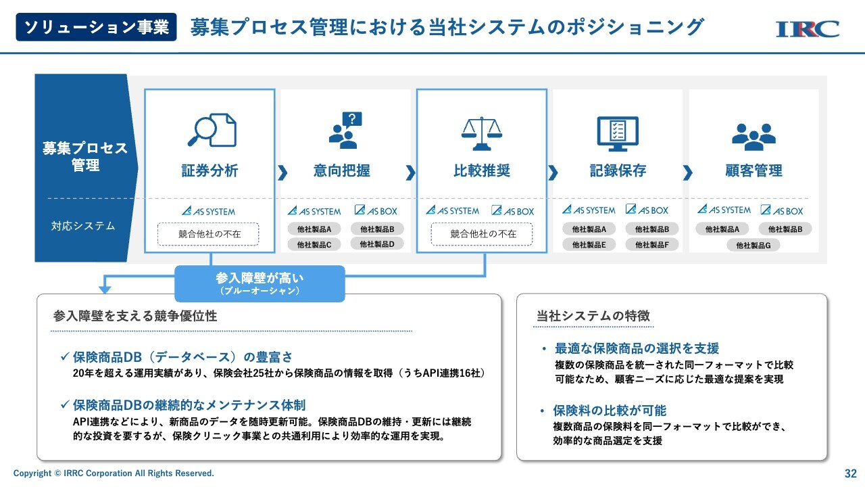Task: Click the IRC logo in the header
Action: click(x=808, y=29)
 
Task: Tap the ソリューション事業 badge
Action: click(x=96, y=27)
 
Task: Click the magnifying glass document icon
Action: click(x=212, y=130)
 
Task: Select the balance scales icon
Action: click(x=482, y=133)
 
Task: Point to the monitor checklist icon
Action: click(x=618, y=134)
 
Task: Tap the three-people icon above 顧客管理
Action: click(x=753, y=137)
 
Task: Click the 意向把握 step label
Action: click(x=342, y=170)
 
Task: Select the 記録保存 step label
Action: click(x=618, y=170)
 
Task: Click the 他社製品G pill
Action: click(x=753, y=245)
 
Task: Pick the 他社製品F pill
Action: click(x=652, y=244)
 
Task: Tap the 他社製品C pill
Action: click(x=314, y=244)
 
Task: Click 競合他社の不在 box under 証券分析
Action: click(x=209, y=234)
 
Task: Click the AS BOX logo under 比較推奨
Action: click(x=513, y=211)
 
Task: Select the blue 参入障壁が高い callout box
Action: click(x=259, y=283)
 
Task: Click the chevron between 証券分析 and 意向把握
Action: click(x=282, y=172)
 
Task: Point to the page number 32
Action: click(x=851, y=473)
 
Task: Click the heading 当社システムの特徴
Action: click(x=593, y=316)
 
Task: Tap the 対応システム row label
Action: click(x=83, y=226)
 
